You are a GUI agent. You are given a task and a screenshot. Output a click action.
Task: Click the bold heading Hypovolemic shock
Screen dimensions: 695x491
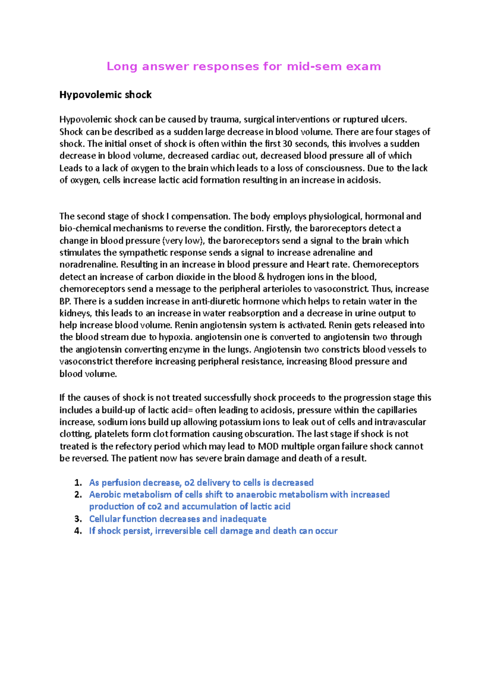[106, 95]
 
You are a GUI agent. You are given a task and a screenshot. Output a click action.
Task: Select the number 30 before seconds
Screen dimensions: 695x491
[287, 144]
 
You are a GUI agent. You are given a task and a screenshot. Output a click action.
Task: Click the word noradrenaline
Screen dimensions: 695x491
[88, 264]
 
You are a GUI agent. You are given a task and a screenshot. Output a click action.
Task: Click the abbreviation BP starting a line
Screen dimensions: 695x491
[65, 301]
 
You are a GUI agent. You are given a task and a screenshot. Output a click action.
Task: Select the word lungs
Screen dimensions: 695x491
[240, 350]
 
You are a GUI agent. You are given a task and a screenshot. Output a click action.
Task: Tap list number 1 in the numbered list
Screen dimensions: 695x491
[78, 483]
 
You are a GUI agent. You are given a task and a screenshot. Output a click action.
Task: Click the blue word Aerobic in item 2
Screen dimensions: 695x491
[105, 494]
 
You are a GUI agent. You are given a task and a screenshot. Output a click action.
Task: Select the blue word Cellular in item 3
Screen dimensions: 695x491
[104, 519]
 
